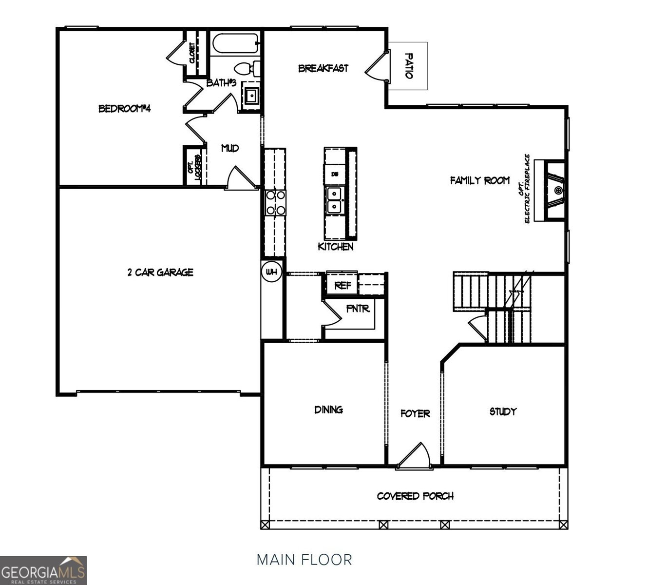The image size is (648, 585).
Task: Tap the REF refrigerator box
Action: tap(342, 285)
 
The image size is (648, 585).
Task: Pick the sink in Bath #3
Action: tap(251, 95)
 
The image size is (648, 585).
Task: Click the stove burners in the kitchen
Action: tap(275, 202)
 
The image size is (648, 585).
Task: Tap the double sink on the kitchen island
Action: tap(334, 200)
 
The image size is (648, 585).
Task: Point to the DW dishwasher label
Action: tap(334, 174)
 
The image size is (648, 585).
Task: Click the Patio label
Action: tap(408, 66)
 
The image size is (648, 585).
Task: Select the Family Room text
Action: tap(479, 180)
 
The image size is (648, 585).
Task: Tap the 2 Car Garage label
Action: tap(160, 272)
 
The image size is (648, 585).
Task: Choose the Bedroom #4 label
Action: tap(124, 108)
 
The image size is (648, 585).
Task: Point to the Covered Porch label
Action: tap(415, 496)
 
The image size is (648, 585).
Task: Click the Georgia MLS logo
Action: tap(43, 570)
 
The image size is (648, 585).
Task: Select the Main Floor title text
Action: tap(304, 559)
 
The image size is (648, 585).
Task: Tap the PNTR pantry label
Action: tap(358, 309)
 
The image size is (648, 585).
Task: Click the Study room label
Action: tap(503, 411)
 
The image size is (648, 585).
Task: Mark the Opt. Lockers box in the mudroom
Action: tap(194, 165)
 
